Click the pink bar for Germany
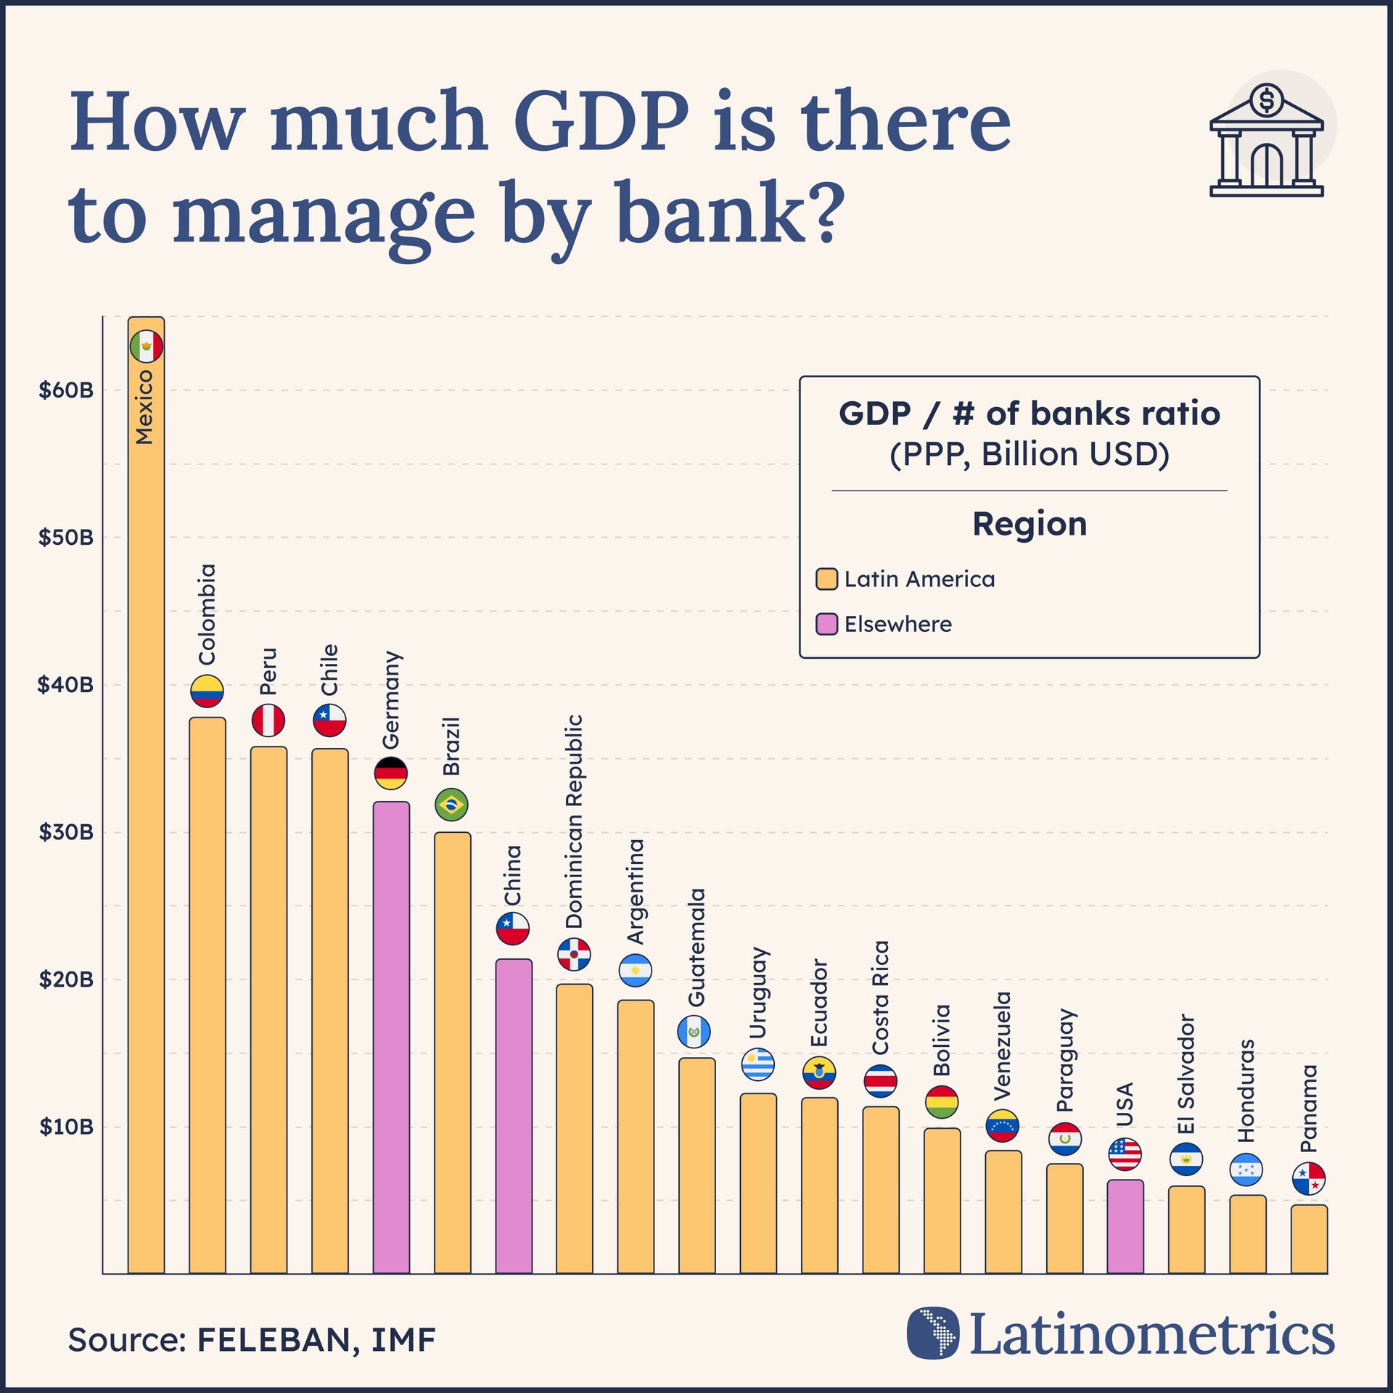(x=391, y=1037)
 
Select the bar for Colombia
(x=207, y=994)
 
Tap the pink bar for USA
(x=1125, y=1226)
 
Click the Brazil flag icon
(x=451, y=805)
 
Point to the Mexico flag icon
(x=147, y=346)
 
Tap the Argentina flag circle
(x=636, y=971)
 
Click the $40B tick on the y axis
(x=66, y=684)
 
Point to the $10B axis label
(x=66, y=1127)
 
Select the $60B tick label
(x=66, y=390)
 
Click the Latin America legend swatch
(x=826, y=579)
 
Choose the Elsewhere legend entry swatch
(x=826, y=624)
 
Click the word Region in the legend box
(x=1029, y=524)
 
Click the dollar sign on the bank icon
(x=1267, y=100)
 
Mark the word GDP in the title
(x=601, y=121)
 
